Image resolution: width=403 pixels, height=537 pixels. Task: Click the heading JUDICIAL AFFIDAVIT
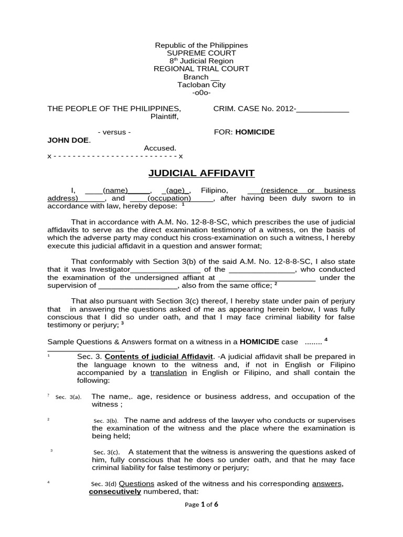coord(201,174)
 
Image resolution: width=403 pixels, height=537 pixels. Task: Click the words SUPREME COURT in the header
coord(201,53)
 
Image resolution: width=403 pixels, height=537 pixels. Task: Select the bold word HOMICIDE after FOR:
coord(254,132)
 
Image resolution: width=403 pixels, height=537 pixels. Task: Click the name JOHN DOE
coord(69,140)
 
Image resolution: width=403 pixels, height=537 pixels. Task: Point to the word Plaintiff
coord(165,116)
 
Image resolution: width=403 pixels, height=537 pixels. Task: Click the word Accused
coord(160,148)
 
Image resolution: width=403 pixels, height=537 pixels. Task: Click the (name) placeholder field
coord(116,190)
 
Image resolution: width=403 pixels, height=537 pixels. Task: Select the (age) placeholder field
coord(178,190)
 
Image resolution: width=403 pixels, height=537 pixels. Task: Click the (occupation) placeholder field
coord(169,199)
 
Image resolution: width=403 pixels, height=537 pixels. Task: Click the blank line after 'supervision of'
coord(138,286)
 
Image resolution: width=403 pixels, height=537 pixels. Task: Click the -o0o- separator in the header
coord(201,92)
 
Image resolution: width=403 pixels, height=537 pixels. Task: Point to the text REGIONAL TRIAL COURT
coord(201,69)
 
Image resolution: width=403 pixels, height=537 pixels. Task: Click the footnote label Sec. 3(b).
coord(106,421)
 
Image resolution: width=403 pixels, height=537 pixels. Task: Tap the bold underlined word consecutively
coord(115,492)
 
